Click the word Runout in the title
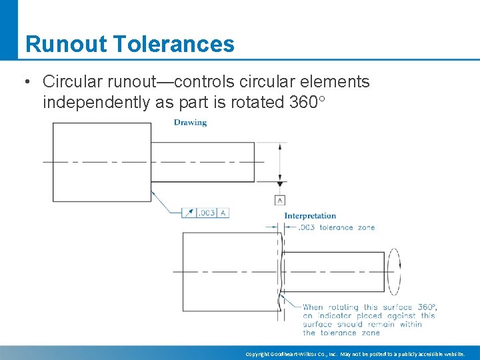tap(65, 44)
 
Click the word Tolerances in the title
tap(174, 44)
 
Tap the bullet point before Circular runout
tap(25, 82)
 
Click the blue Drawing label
tap(190, 123)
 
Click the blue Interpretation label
tap(310, 216)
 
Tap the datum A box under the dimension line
tap(280, 199)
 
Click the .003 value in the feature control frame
tap(207, 213)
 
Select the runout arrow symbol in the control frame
tap(189, 213)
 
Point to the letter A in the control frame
tap(223, 213)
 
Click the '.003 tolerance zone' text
tap(336, 227)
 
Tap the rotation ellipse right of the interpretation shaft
tap(394, 271)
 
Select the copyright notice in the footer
tap(355, 353)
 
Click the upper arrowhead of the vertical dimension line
tap(281, 145)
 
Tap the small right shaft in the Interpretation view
tap(333, 271)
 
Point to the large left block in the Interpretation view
tap(231, 271)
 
